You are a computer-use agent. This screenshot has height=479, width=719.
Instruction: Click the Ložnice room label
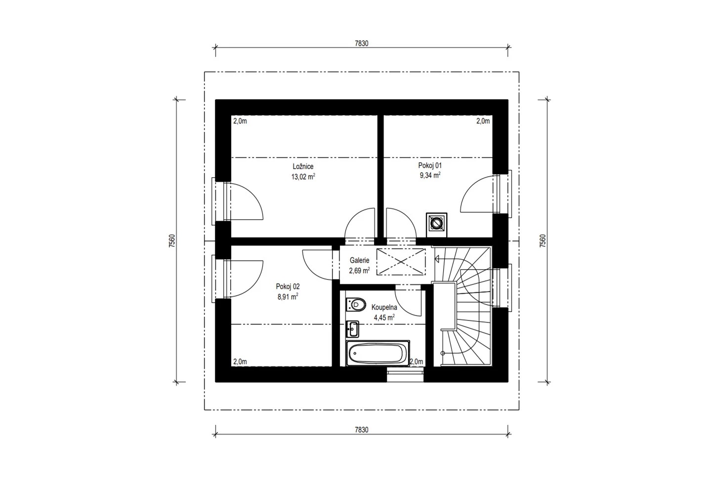(x=303, y=166)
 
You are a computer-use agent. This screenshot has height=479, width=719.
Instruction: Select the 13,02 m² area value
(x=303, y=176)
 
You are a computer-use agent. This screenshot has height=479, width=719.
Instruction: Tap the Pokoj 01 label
(x=430, y=165)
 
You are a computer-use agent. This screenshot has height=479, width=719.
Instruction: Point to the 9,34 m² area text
(x=430, y=175)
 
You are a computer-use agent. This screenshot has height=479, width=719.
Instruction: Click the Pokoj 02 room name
(x=288, y=286)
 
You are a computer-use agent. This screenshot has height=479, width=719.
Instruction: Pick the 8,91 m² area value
(x=288, y=297)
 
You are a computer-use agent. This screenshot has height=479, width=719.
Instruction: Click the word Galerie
(x=359, y=260)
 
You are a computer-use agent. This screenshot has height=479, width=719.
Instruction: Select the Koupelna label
(x=384, y=307)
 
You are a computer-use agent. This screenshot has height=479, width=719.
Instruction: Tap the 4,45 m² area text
(x=384, y=318)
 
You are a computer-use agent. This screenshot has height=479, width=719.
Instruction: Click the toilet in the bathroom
(x=356, y=305)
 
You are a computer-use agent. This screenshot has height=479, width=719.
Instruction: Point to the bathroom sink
(x=352, y=329)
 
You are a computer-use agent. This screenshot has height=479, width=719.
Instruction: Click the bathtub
(x=378, y=353)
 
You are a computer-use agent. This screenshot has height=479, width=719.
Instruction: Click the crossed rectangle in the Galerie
(x=401, y=262)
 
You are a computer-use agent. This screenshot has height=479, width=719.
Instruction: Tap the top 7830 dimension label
(x=361, y=43)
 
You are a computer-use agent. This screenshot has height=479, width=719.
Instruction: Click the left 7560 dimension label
(x=172, y=240)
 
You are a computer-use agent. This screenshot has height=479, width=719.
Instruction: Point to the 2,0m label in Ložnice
(x=240, y=121)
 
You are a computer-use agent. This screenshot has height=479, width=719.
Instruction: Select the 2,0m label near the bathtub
(x=416, y=361)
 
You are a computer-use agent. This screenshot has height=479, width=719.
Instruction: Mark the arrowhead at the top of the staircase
(x=436, y=259)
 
